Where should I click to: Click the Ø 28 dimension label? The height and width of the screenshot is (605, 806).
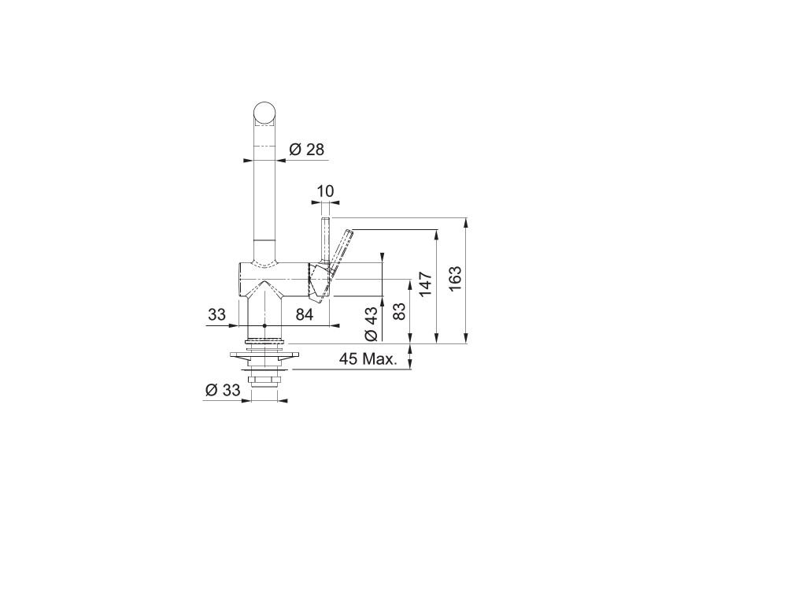(307, 149)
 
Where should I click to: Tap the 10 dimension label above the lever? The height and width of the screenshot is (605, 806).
(325, 191)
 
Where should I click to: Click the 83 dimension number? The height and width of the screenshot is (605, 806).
(399, 311)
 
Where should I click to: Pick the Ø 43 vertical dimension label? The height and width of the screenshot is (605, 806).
(372, 323)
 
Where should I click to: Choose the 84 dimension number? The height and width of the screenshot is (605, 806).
(305, 315)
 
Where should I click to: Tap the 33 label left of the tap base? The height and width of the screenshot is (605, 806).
(216, 315)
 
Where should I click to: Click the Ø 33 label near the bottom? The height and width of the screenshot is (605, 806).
(222, 390)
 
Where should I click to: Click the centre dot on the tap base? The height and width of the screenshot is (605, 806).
(265, 325)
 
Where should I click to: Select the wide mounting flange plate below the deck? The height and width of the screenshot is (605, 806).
(265, 356)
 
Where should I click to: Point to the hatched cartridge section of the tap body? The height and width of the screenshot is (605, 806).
(318, 281)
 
